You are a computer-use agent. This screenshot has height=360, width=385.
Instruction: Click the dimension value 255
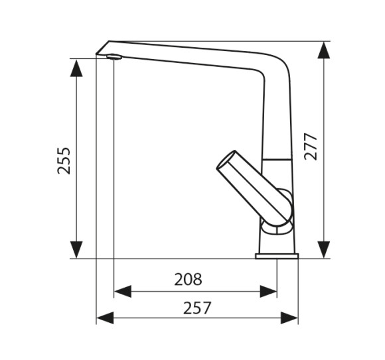point(64,160)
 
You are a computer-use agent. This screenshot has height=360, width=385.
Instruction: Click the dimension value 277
point(311,147)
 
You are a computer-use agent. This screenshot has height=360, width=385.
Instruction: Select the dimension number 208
point(188,279)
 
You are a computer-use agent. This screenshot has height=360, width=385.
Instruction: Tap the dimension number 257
point(197,308)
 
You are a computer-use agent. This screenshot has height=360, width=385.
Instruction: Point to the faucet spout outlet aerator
point(114,57)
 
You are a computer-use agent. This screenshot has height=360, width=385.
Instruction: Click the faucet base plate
point(277,257)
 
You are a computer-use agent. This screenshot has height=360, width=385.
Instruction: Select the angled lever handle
point(254,188)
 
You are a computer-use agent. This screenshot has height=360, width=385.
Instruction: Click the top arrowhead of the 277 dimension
point(324,50)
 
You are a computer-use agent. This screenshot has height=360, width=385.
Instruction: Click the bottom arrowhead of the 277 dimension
point(324,250)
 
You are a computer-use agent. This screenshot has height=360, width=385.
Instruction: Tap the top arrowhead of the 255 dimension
point(76,68)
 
